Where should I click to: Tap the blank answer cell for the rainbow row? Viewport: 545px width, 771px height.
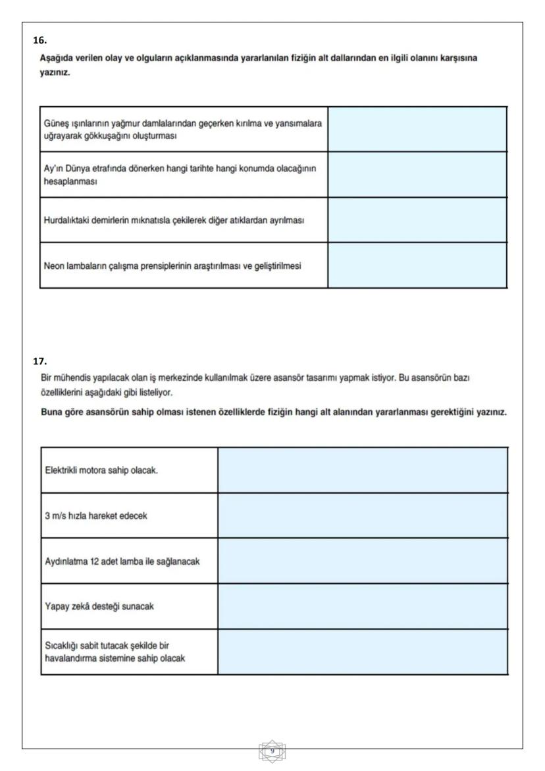click(417, 129)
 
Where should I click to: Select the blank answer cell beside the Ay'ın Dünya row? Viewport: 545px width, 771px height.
click(417, 175)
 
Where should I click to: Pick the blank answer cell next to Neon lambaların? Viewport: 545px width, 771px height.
click(417, 266)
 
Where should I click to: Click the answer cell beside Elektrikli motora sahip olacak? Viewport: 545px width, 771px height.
click(362, 470)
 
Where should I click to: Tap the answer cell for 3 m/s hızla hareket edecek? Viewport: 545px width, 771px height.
click(362, 515)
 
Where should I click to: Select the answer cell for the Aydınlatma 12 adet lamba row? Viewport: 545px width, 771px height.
click(362, 561)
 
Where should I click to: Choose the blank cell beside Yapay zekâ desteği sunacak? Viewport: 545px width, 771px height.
click(362, 606)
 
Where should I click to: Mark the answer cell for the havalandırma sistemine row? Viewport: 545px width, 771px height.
click(362, 652)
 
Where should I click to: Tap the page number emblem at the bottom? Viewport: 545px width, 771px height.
click(272, 751)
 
